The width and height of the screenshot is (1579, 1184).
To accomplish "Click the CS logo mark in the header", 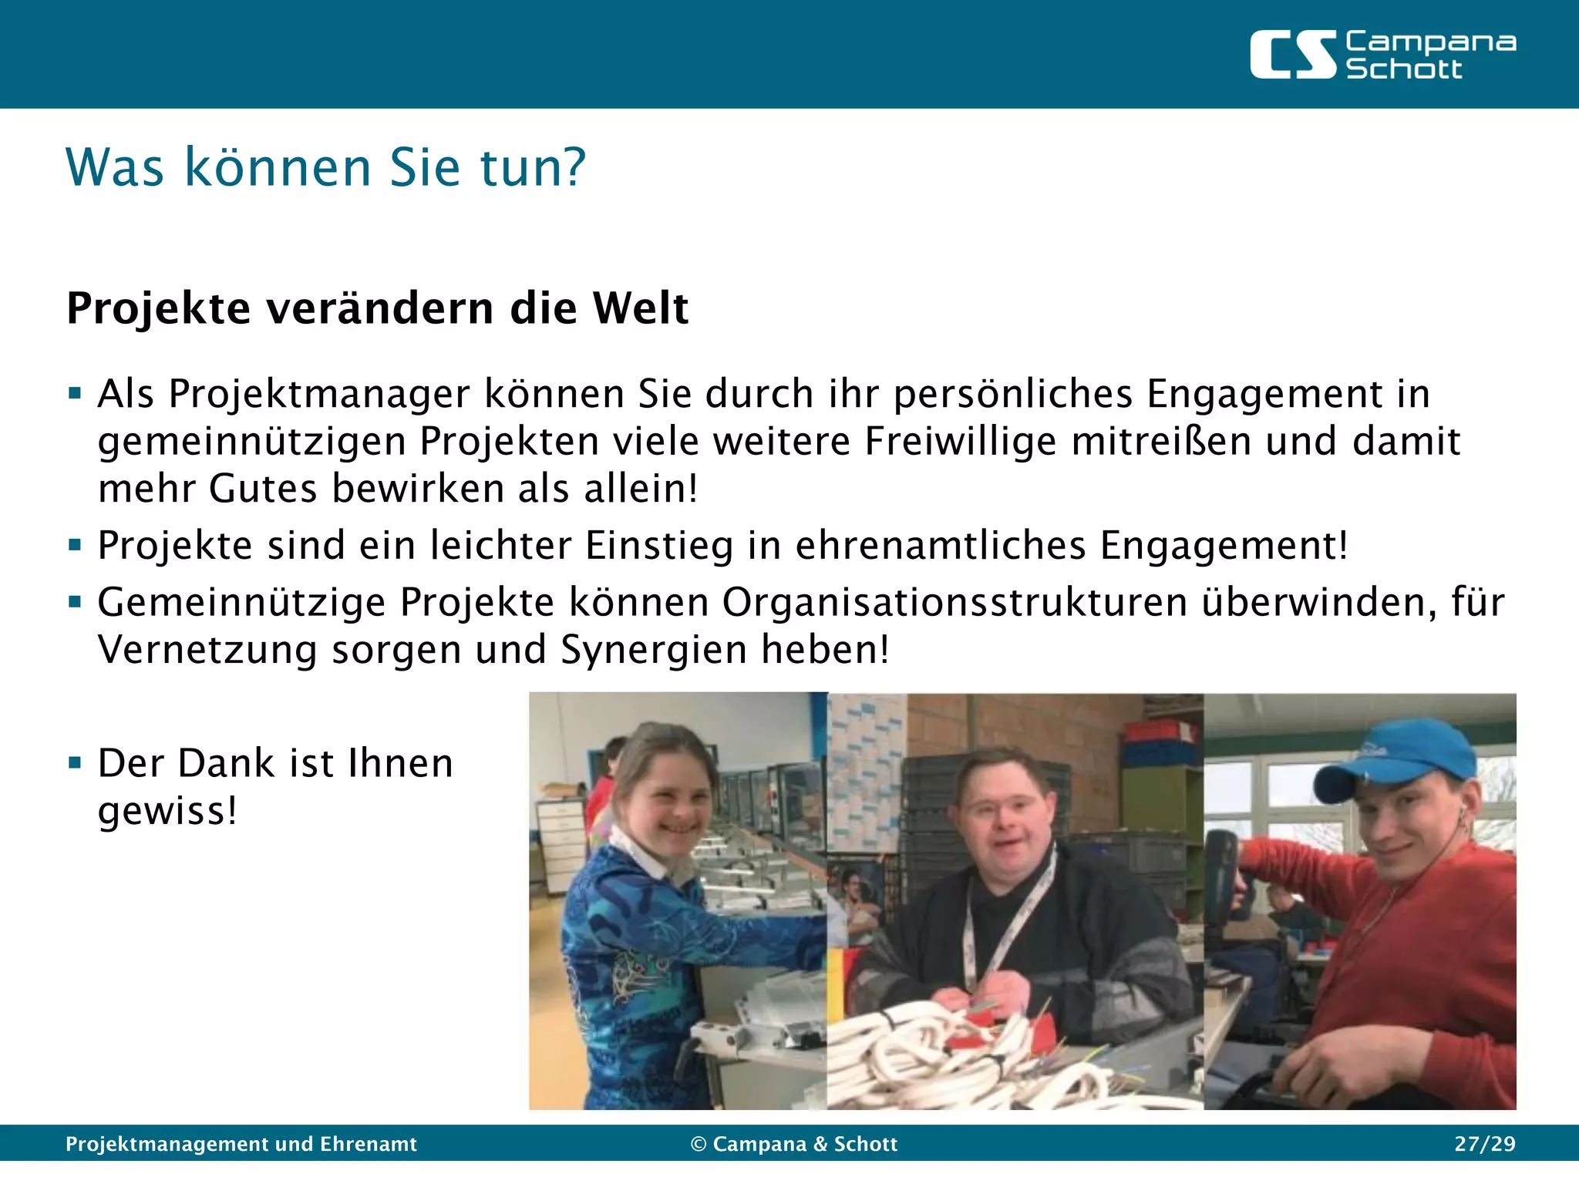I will click(x=1291, y=55).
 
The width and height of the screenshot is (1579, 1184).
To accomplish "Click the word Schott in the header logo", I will click(x=1403, y=69).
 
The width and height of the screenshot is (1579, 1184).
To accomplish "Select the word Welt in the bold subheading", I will click(x=640, y=308).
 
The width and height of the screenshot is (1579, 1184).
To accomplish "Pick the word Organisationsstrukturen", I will click(x=954, y=602).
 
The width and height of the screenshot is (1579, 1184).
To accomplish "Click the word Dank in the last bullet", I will click(x=226, y=763).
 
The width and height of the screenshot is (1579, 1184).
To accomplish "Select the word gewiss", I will click(x=162, y=811).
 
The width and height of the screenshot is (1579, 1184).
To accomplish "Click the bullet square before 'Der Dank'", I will click(x=75, y=763).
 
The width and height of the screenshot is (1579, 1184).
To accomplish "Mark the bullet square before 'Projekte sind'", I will click(x=75, y=546).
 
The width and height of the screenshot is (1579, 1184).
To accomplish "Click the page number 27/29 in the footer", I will click(x=1484, y=1144).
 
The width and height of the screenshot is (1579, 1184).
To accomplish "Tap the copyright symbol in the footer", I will click(x=699, y=1144).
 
